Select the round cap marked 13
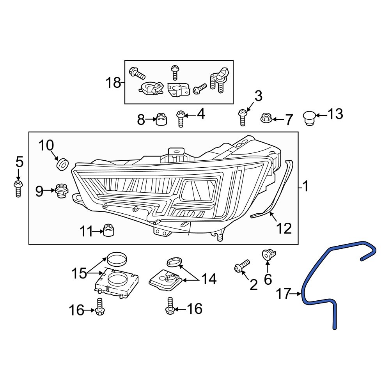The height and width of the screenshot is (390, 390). pos(309,117)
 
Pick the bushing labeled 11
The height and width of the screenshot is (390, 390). pos(108,230)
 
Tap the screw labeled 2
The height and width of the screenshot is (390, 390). pos(241,266)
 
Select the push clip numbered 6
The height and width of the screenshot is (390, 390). pos(268,255)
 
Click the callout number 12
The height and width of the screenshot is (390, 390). pos(284,228)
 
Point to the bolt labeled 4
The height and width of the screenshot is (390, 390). pos(180,119)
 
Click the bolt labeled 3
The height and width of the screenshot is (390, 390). pos(242,117)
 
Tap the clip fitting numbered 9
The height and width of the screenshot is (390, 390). pos(61,190)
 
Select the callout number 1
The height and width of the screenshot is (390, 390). pos(306,187)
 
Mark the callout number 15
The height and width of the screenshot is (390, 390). pos(78,273)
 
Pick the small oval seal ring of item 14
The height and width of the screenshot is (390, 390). pos(174,262)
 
